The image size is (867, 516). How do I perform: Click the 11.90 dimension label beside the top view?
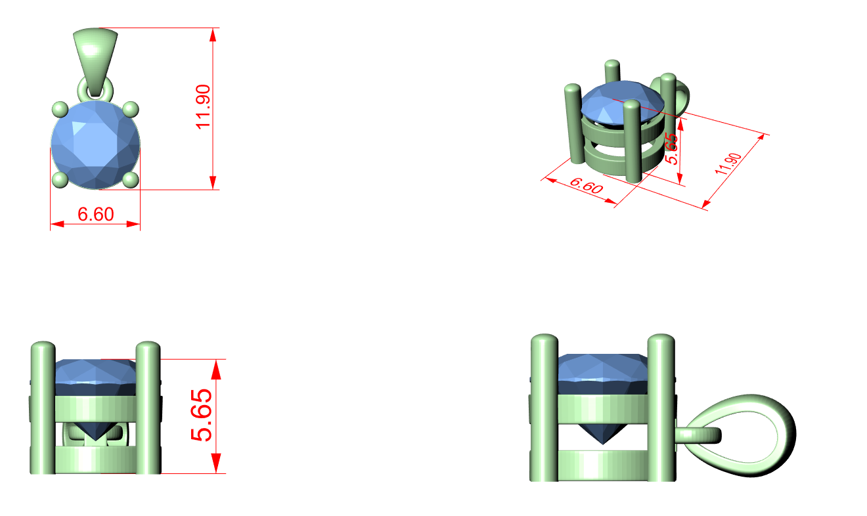[x=203, y=107]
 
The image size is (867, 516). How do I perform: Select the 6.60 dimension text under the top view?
[x=96, y=214]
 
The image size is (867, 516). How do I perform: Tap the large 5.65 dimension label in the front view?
[x=201, y=415]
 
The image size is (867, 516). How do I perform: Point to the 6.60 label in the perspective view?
[x=587, y=185]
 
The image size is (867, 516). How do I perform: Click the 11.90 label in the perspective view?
[x=728, y=164]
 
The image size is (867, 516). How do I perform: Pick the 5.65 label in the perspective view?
[x=671, y=148]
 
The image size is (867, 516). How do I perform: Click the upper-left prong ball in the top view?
[x=60, y=109]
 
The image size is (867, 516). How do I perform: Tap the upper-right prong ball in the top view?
[x=131, y=109]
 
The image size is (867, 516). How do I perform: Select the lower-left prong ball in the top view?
[x=60, y=180]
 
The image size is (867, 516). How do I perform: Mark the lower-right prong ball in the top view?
[x=131, y=180]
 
